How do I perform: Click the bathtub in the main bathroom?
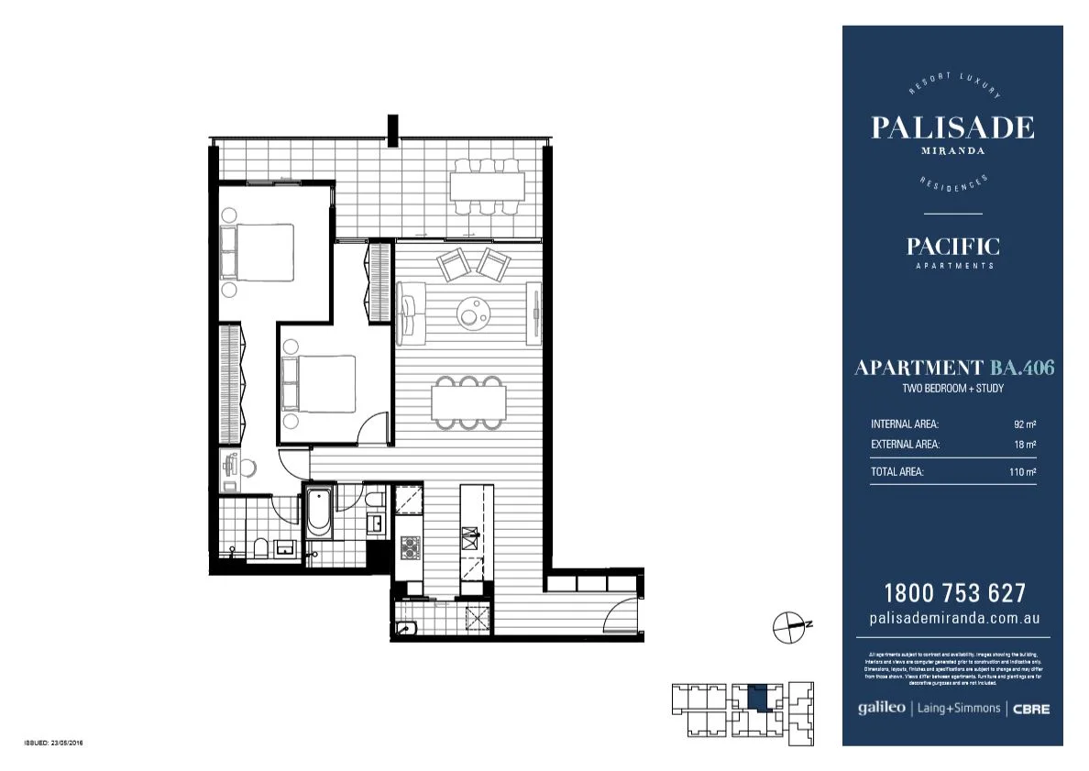click(318, 514)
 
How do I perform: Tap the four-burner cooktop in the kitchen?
click(408, 548)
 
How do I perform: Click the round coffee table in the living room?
click(473, 314)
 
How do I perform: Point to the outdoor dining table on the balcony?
click(487, 188)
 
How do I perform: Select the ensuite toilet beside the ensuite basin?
click(260, 548)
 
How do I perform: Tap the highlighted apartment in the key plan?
click(758, 699)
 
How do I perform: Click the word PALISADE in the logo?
click(952, 127)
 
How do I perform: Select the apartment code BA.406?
click(1021, 369)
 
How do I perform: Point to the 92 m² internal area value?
click(1024, 424)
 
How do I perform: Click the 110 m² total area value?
click(1021, 472)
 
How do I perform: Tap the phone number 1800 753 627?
click(953, 593)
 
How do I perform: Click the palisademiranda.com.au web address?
click(953, 618)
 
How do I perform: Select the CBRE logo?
click(1031, 709)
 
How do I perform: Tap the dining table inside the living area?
click(468, 400)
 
